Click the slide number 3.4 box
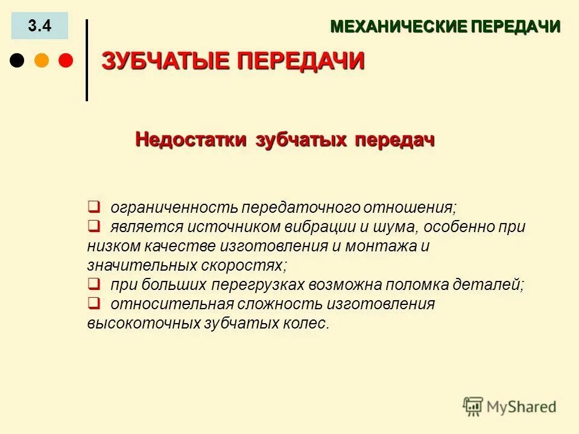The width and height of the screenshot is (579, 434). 40,26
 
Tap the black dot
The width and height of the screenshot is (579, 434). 17,60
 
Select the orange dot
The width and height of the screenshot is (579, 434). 41,60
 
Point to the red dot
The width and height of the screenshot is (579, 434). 65,60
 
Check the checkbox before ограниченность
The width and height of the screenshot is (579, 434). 93,207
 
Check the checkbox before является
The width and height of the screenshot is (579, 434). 93,226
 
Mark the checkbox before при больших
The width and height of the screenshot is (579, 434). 93,283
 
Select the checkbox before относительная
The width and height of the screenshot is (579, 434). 93,303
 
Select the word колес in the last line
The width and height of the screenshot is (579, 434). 308,323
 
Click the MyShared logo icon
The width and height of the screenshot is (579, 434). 473,407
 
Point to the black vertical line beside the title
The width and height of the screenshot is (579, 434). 87,60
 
